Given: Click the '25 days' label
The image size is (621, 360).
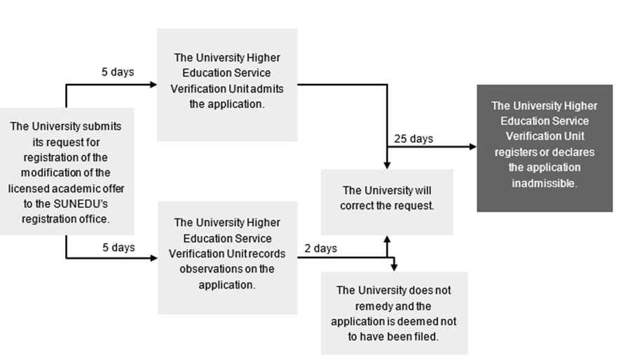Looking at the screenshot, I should (x=414, y=139).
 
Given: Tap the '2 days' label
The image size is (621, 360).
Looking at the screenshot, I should (x=320, y=249).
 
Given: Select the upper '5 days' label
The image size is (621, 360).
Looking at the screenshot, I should (x=118, y=72).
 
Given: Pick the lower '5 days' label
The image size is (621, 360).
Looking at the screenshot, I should (x=118, y=248).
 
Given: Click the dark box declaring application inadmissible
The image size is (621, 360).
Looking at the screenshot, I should (x=544, y=148).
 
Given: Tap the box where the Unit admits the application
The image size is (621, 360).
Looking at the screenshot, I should (x=226, y=85).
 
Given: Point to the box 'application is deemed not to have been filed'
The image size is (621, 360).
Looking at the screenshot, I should (x=394, y=313).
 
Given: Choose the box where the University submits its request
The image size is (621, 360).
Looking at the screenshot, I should (x=67, y=171).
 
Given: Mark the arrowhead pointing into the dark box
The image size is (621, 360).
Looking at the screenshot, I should (x=473, y=146).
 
